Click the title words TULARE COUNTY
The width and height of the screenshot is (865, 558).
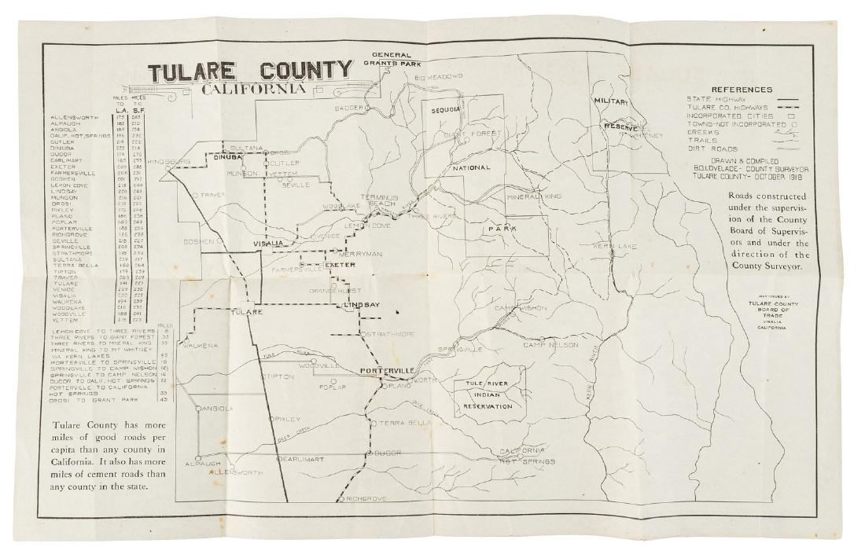pyautogui.click(x=250, y=70)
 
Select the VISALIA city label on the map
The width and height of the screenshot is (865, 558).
pyautogui.click(x=267, y=244)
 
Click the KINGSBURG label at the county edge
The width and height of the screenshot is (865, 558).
pyautogui.click(x=168, y=162)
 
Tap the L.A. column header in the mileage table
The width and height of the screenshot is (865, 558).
pyautogui.click(x=122, y=109)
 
